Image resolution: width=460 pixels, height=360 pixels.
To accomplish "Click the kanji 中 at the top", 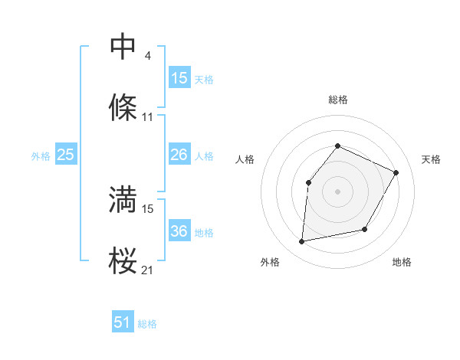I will pos(123,47).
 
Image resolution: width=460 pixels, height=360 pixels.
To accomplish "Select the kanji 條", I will pos(123,108).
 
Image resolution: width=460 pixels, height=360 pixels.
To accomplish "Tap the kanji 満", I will pos(123,199).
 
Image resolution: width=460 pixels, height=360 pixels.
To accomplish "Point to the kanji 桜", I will pos(123,260).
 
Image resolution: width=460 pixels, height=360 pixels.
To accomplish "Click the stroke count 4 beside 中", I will pos(148,55).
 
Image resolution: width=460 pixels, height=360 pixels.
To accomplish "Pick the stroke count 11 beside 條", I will pos(148,117).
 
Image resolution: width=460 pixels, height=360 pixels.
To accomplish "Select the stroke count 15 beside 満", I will pos(148,208).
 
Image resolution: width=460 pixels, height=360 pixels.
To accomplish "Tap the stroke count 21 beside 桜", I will pos(148,270).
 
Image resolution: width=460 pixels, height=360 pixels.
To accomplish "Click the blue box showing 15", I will pos(179,78).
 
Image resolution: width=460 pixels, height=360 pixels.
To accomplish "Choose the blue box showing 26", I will pos(179,155).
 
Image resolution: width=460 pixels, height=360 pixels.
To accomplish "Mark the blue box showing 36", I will pos(179,231).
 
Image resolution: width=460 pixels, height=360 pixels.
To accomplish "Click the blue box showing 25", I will pos(66,155).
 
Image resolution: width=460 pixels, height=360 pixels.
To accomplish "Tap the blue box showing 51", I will pos(123,322).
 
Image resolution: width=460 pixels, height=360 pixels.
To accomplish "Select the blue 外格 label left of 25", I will pos(41,156).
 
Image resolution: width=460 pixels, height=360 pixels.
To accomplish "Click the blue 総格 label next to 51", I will pos(147,324).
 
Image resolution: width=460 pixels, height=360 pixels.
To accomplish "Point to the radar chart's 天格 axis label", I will pos(431,159).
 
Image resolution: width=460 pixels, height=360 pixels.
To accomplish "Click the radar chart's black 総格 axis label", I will pos(338,100).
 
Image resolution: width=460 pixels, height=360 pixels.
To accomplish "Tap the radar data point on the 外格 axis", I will pos(302,242).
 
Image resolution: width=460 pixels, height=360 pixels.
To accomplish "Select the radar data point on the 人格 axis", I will pos(308,182).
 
